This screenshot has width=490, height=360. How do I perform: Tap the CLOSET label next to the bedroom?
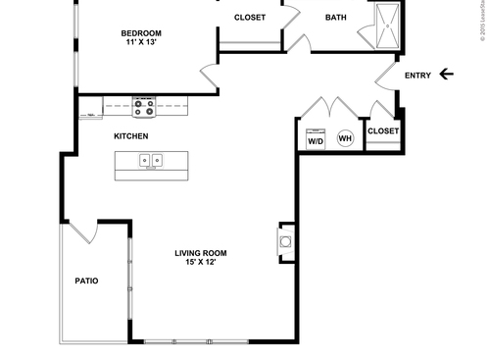(250, 18)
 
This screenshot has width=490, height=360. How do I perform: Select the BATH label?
(336, 18)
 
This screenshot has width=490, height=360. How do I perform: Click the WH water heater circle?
(345, 138)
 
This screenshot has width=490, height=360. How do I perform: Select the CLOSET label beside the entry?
(383, 130)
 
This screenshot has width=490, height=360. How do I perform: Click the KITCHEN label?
(131, 135)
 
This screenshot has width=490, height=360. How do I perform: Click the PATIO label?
(87, 281)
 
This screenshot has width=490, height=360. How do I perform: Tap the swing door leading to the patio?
(80, 232)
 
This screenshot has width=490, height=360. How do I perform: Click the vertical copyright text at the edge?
(482, 22)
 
